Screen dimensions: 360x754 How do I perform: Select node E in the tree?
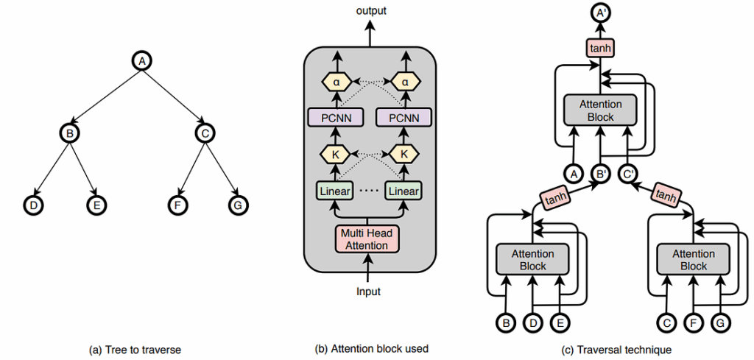96,205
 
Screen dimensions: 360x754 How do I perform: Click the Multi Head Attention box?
366,239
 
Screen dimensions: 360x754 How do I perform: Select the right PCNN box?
404,118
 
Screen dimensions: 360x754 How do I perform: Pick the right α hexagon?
404,82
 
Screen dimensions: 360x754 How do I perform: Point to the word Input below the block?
368,292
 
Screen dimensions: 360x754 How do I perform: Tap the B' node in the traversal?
602,175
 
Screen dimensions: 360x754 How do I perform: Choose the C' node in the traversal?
629,175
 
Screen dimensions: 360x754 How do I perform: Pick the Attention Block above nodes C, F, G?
694,260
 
